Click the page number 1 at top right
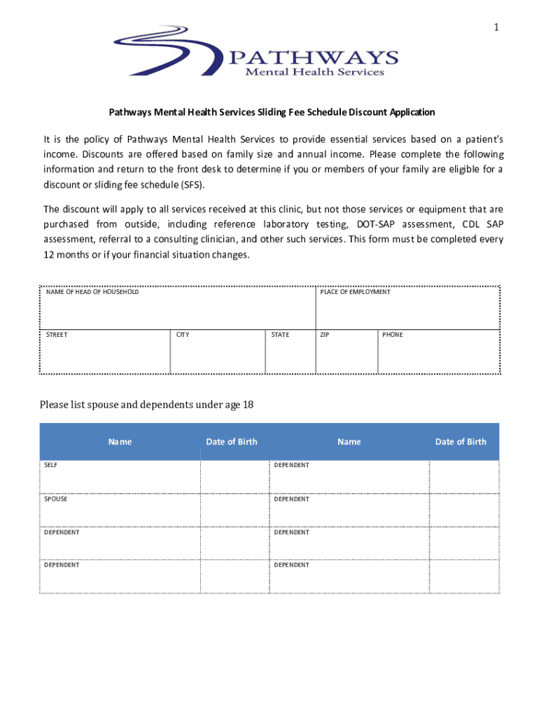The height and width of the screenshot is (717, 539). (x=496, y=27)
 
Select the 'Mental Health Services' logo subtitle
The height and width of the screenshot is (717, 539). (x=313, y=72)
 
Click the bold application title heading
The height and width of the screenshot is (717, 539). (x=271, y=112)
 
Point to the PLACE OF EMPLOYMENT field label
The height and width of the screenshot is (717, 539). (x=355, y=292)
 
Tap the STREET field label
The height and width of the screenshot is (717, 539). (x=57, y=335)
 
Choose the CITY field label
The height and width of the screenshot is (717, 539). (x=183, y=335)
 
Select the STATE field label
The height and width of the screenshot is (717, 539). (x=280, y=335)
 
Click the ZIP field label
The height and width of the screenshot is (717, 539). (x=324, y=335)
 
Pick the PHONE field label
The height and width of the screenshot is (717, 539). (x=393, y=335)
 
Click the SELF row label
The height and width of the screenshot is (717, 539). (x=52, y=465)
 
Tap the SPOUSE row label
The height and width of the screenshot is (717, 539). (x=56, y=499)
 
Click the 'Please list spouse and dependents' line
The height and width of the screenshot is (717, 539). (x=146, y=405)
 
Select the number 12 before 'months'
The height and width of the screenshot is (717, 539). (x=50, y=255)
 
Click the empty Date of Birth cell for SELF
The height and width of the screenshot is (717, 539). (x=235, y=477)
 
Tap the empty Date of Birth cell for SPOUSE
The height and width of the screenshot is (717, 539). (x=235, y=510)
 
